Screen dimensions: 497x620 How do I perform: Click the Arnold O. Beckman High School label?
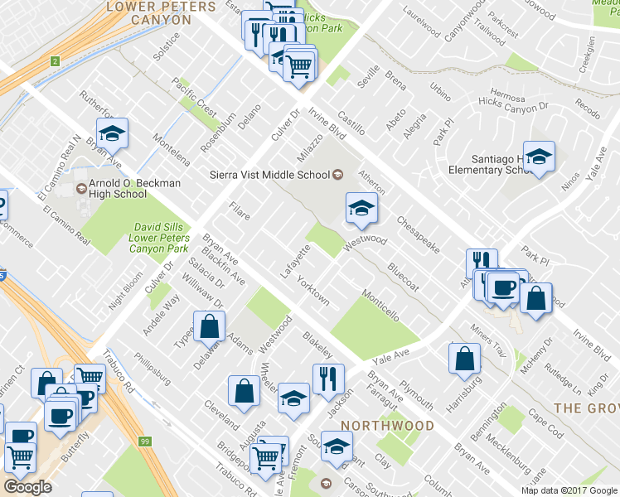118,189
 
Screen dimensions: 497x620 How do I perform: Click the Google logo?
28,487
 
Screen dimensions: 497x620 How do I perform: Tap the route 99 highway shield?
145,442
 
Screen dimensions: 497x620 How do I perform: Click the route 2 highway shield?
55,60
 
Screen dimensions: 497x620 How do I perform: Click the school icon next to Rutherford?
112,133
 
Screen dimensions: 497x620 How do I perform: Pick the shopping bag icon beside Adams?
210,326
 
